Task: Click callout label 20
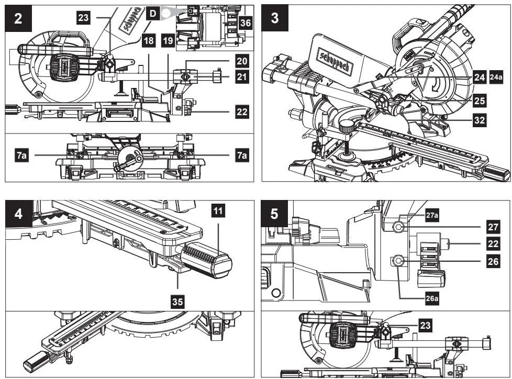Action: pos(241,61)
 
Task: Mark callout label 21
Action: pos(241,77)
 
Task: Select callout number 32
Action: pos(479,120)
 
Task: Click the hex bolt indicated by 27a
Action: pos(399,226)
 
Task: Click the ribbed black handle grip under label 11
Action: pos(206,259)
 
